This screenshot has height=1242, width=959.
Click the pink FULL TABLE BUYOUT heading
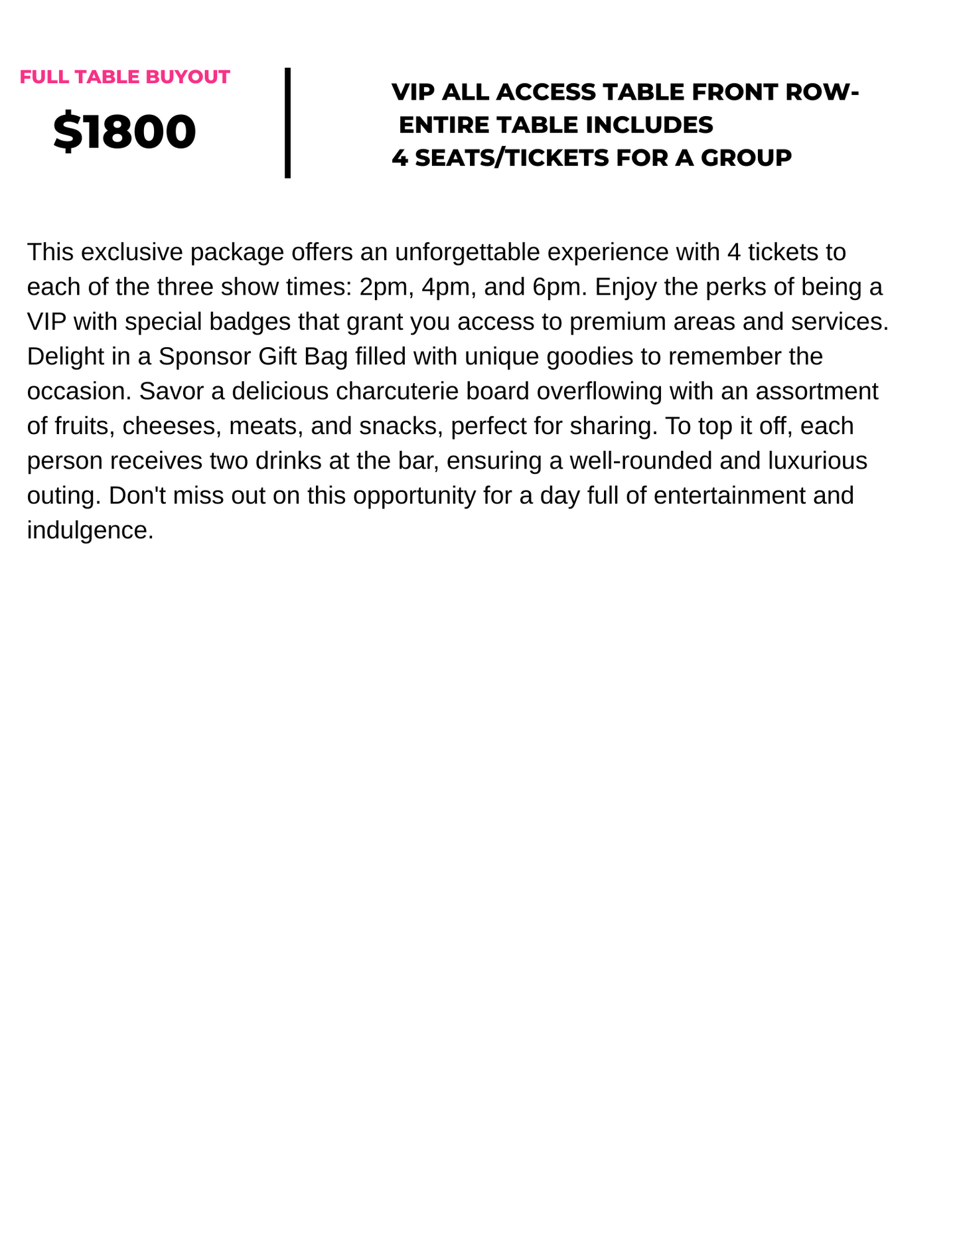[125, 77]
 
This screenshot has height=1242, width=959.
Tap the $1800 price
[125, 131]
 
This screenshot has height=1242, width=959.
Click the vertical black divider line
[287, 123]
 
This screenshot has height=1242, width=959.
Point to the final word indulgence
[90, 530]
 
